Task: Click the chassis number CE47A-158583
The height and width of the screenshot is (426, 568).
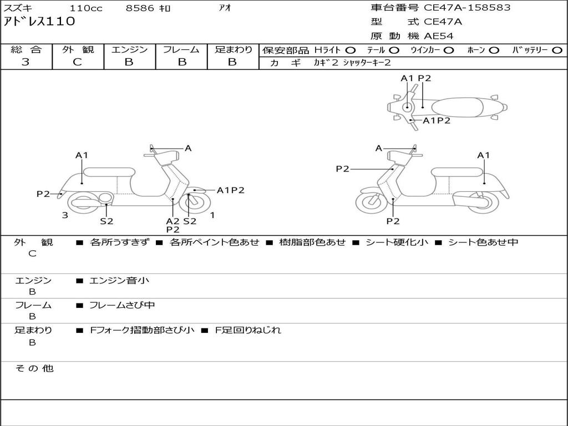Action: click(x=467, y=8)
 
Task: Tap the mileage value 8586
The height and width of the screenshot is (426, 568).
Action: click(x=140, y=8)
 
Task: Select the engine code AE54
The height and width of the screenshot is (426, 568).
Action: click(x=439, y=36)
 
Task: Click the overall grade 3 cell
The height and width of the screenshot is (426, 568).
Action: click(x=26, y=62)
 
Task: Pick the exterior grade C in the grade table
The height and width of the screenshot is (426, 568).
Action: click(x=78, y=62)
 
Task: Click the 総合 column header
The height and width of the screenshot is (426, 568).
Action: click(x=26, y=49)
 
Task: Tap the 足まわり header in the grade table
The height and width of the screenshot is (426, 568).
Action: click(x=234, y=49)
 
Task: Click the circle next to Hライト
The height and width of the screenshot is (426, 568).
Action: click(x=351, y=50)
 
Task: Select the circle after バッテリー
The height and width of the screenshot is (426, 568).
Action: click(x=557, y=50)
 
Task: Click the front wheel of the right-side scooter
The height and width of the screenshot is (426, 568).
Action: click(x=371, y=202)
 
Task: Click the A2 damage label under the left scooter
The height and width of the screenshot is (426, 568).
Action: click(x=173, y=221)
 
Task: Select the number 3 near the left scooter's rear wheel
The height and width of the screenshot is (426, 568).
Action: click(x=65, y=215)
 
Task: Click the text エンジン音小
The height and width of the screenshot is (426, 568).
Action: click(x=119, y=281)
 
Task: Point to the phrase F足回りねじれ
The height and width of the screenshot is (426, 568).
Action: click(x=248, y=330)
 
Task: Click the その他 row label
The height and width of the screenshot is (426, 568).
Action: click(x=34, y=368)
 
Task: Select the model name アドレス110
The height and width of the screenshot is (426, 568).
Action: click(x=39, y=22)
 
